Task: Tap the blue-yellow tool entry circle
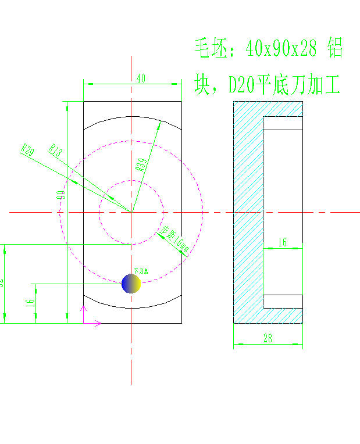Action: click(x=131, y=284)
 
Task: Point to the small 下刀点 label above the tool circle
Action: click(x=141, y=271)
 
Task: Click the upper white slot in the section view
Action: click(x=283, y=123)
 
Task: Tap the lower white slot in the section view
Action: click(x=283, y=300)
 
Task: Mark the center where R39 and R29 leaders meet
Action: click(x=131, y=212)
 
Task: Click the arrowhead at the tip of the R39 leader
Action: click(x=158, y=124)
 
